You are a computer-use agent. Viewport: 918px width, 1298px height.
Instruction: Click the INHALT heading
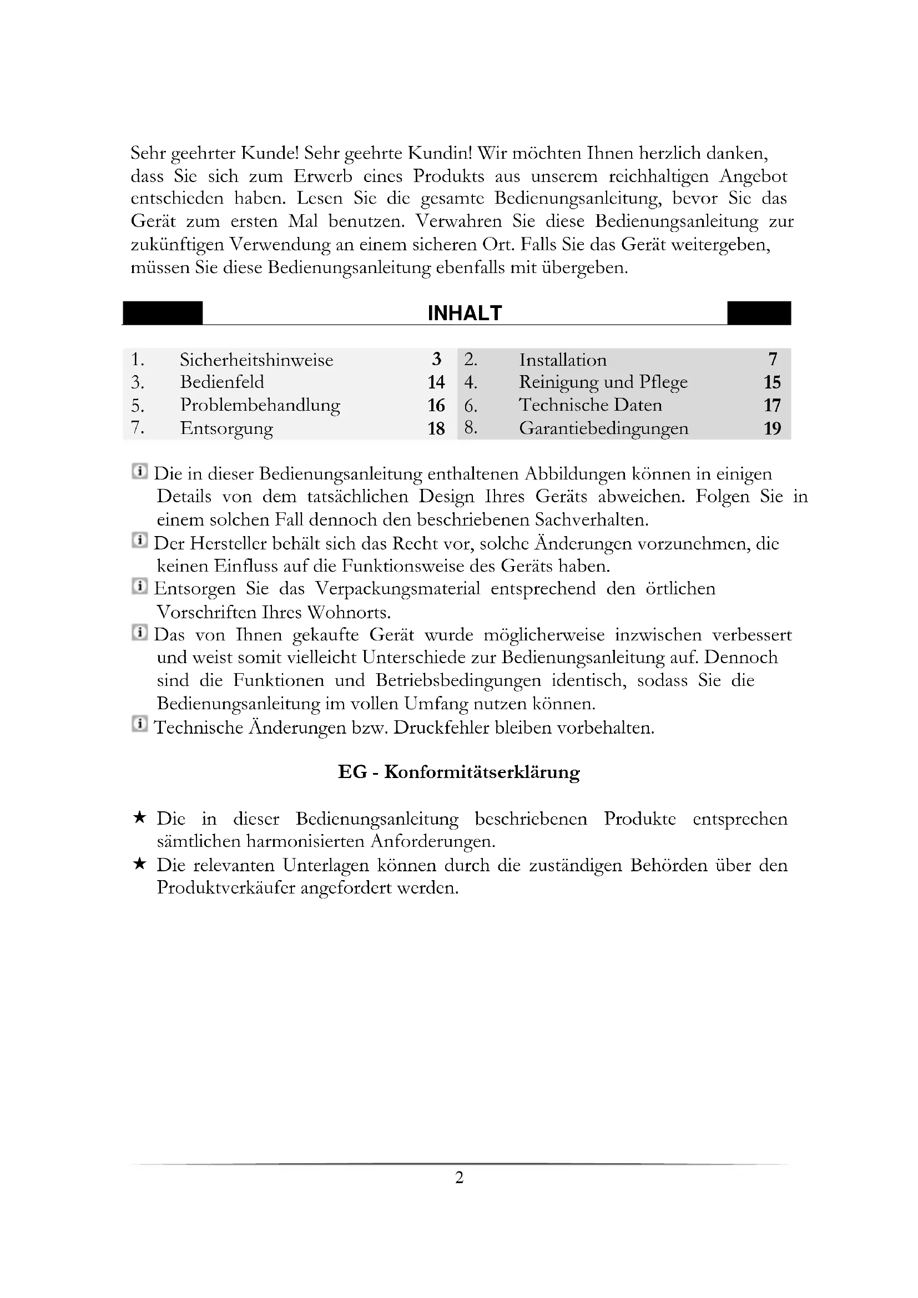[465, 313]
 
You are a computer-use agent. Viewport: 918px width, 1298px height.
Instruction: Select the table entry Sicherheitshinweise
[256, 360]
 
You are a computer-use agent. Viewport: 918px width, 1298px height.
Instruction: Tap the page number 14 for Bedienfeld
[436, 383]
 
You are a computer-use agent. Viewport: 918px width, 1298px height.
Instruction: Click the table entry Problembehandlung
[260, 405]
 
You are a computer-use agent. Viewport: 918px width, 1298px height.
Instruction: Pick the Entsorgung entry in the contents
[226, 428]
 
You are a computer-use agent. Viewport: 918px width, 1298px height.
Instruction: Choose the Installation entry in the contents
[563, 360]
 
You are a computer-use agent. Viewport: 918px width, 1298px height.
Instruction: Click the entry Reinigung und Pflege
[603, 383]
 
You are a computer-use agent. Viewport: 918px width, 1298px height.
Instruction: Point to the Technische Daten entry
[591, 405]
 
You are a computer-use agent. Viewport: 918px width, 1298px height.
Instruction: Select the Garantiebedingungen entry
[604, 428]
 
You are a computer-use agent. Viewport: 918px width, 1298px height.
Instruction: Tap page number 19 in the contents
[772, 428]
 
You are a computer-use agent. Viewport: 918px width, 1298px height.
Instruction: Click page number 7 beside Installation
[773, 360]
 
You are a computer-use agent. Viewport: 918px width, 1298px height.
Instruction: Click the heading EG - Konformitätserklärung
[459, 772]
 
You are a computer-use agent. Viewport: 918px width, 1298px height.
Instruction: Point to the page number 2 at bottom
[459, 1178]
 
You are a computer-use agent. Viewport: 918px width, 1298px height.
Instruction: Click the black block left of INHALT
[163, 313]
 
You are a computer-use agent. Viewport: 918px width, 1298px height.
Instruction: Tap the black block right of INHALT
[759, 313]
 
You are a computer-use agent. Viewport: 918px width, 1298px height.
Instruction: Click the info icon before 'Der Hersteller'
[140, 541]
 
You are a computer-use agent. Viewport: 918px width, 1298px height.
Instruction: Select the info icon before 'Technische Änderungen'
[140, 724]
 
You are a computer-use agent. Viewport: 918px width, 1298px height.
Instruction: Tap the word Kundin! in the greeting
[440, 153]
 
